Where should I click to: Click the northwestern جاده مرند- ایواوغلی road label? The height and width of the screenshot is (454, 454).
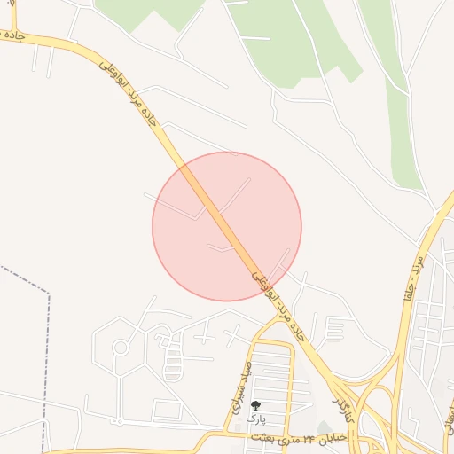coord(132,92)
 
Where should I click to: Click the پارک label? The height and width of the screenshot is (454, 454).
coord(255,418)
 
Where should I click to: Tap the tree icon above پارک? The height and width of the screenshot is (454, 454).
coord(255,405)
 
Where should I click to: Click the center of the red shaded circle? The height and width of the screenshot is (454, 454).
coord(227,226)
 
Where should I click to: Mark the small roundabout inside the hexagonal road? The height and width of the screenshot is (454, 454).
coord(119,347)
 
